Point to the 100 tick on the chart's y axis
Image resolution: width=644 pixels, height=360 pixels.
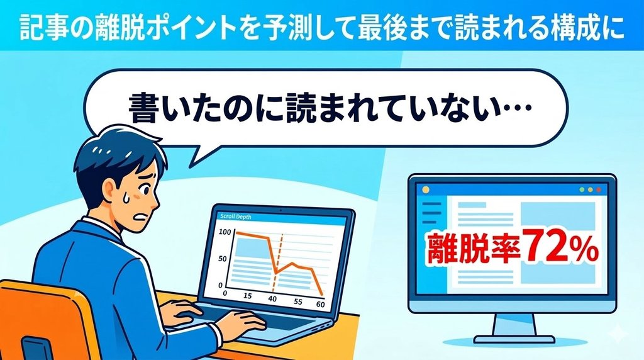click(225, 232)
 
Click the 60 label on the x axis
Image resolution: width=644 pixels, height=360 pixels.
click(320, 304)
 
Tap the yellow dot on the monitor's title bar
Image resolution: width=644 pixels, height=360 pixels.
click(425, 189)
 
